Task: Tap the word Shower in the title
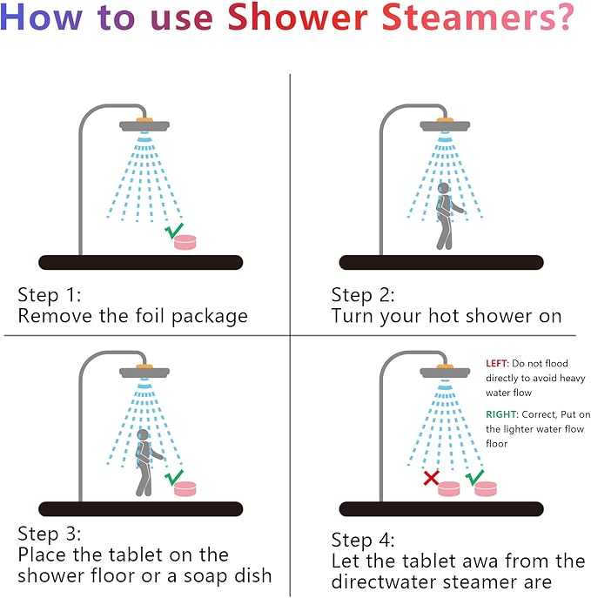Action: [298, 17]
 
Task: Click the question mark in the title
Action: [563, 17]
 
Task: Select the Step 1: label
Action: [50, 295]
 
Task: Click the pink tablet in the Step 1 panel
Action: [185, 242]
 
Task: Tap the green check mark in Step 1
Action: [174, 231]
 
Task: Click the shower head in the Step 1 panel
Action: [144, 125]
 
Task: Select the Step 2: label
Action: [363, 295]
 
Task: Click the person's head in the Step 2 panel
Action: [443, 188]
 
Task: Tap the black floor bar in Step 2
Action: [441, 262]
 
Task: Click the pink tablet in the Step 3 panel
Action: [185, 489]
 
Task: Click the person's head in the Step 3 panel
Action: [143, 435]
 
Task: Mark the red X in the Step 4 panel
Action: [431, 478]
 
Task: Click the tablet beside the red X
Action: [449, 489]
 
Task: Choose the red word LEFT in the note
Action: [496, 364]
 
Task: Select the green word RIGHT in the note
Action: [501, 414]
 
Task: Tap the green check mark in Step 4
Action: [474, 478]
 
